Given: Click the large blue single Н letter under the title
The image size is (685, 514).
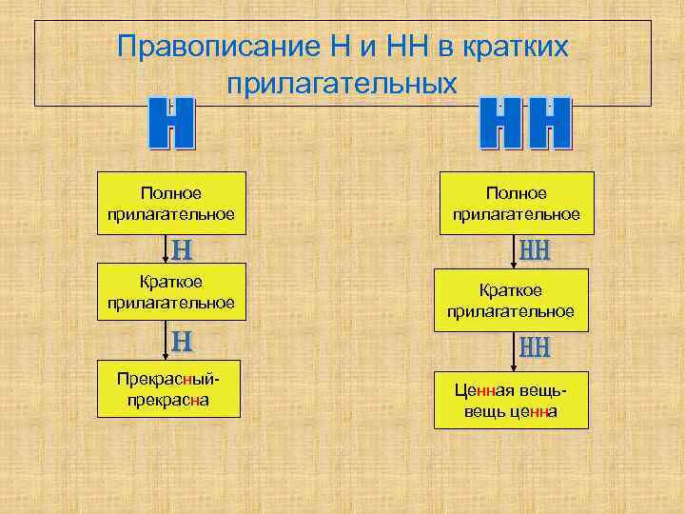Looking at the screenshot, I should [172, 124].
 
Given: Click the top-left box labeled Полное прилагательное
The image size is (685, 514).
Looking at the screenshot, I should [171, 203].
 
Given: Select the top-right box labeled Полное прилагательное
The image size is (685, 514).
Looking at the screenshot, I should [516, 203].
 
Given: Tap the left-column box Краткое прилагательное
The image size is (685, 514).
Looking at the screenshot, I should [171, 292].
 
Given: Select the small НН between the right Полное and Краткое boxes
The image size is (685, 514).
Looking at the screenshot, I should [536, 251].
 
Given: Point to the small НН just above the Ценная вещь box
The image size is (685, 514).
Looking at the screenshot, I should [536, 347].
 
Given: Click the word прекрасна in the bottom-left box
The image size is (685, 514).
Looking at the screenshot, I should [168, 400].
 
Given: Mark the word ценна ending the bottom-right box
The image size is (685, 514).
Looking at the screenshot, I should [537, 411].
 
